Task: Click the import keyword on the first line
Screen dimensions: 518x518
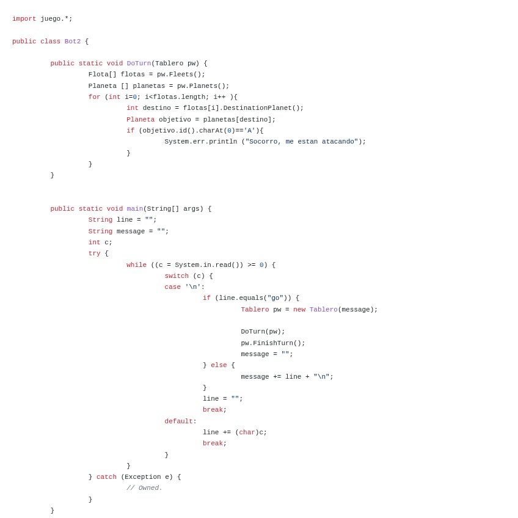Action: (x=24, y=19)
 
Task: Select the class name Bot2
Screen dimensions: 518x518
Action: (x=72, y=42)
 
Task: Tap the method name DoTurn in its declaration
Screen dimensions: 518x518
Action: (x=139, y=64)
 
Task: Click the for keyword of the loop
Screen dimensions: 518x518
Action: (x=94, y=97)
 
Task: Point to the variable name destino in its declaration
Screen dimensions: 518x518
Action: (x=156, y=108)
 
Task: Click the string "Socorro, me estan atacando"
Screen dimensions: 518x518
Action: (x=301, y=142)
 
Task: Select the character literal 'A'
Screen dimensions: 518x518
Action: (x=249, y=131)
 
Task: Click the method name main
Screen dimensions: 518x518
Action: (x=134, y=209)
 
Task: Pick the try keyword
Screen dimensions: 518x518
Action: (x=94, y=254)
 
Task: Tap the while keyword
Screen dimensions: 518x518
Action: (x=136, y=265)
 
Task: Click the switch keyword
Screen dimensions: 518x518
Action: (x=177, y=276)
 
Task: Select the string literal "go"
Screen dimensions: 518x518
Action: (x=275, y=298)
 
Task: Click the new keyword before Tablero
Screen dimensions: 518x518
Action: (x=299, y=310)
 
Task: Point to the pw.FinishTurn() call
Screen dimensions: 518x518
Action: (x=272, y=343)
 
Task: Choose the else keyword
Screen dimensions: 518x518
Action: (x=219, y=365)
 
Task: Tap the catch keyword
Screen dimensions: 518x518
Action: (x=106, y=477)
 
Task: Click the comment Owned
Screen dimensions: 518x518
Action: (x=144, y=488)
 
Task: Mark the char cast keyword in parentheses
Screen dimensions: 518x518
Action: (x=247, y=432)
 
